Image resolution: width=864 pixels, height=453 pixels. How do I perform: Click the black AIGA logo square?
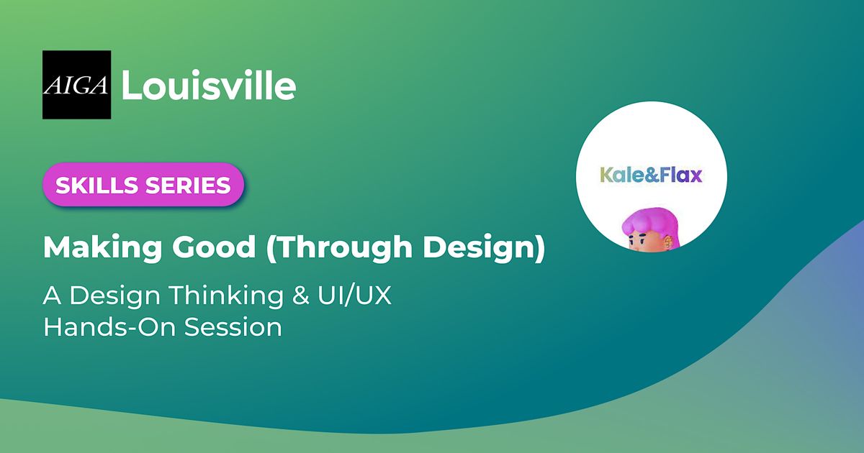coord(76,85)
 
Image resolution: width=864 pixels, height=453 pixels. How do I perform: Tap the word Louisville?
coord(209,86)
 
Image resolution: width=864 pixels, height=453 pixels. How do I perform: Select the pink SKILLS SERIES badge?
coord(143,185)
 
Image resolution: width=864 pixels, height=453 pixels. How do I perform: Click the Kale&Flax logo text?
coord(651,174)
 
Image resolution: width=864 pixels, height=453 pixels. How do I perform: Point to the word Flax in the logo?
coord(679,174)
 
